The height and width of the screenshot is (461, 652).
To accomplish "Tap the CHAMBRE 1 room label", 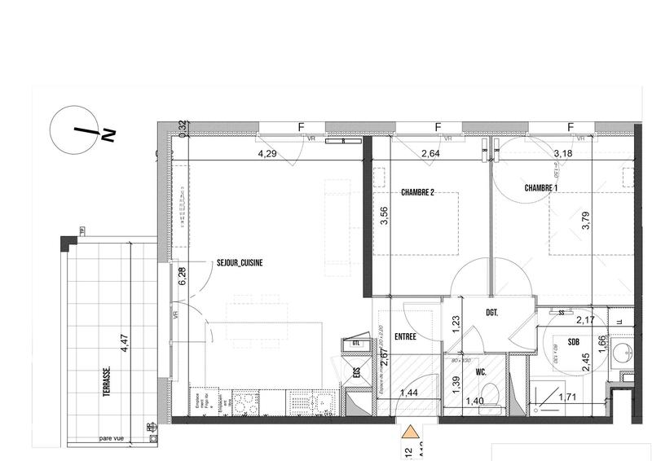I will (543, 187).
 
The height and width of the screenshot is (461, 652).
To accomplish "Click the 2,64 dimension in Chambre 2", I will (430, 153).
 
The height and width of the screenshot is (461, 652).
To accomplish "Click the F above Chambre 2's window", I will (438, 128).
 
